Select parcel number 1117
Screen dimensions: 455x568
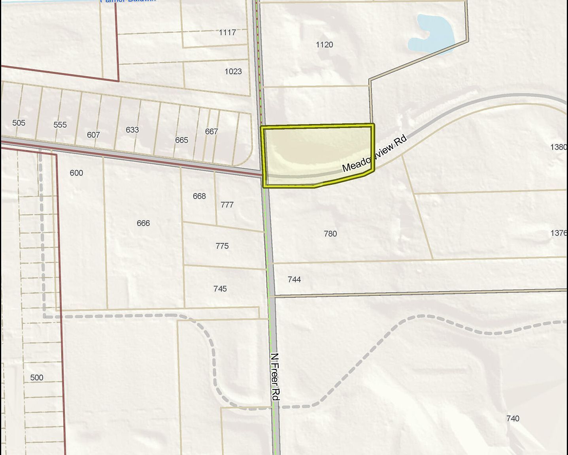click(x=227, y=32)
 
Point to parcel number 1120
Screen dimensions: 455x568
click(x=324, y=45)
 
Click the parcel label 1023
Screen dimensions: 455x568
click(x=233, y=71)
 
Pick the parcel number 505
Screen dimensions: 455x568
click(x=19, y=123)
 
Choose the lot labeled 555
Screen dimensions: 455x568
click(x=60, y=125)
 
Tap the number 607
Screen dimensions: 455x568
click(x=93, y=135)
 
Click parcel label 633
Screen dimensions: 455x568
click(x=132, y=130)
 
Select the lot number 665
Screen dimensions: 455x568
click(x=181, y=140)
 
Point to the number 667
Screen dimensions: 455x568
click(x=211, y=132)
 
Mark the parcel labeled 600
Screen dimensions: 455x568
click(x=76, y=173)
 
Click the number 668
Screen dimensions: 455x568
click(x=199, y=196)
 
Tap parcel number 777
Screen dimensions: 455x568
click(x=227, y=205)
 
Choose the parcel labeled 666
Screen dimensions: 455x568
click(x=143, y=223)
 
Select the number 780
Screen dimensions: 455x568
click(x=330, y=234)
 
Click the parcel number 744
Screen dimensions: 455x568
click(x=294, y=280)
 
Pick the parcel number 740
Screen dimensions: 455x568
click(x=513, y=419)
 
